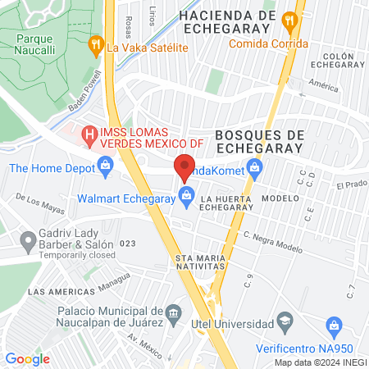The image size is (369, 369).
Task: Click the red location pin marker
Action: (184, 166)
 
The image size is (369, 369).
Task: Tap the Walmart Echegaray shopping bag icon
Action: (186, 198)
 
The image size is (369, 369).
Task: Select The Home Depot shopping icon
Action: (105, 168)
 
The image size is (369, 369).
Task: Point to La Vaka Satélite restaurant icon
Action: (96, 46)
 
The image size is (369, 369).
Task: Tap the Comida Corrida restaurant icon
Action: (289, 20)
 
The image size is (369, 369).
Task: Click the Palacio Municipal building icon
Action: (173, 313)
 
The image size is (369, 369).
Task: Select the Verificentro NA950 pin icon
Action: (334, 326)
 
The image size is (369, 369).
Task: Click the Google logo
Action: (27, 359)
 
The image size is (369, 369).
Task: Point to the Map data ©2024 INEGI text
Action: (319, 362)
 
